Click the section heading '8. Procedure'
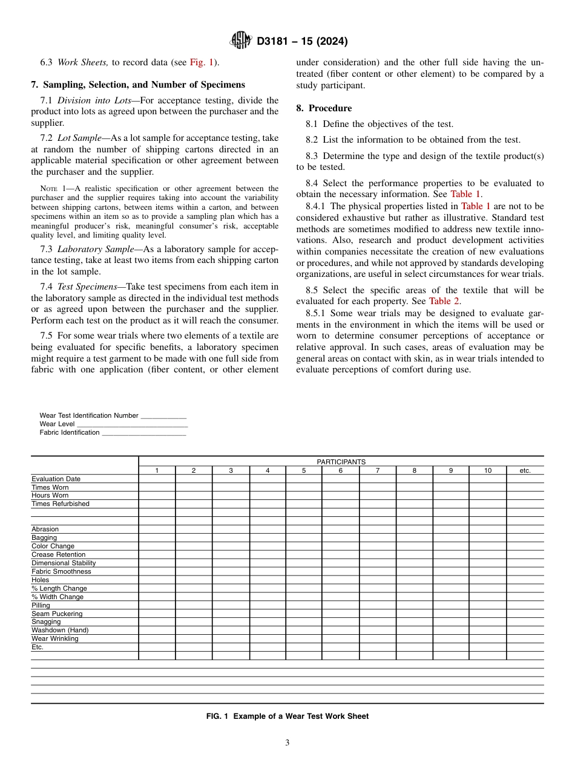(324, 108)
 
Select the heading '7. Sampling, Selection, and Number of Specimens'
(138, 85)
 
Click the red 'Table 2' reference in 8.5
(444, 301)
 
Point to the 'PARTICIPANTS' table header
(341, 462)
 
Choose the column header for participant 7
(378, 470)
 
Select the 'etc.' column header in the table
(525, 470)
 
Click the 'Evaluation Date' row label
(56, 479)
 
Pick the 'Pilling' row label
(41, 605)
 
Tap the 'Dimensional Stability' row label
(64, 563)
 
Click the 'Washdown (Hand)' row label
(60, 630)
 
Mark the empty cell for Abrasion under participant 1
(157, 529)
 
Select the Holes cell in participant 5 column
(304, 580)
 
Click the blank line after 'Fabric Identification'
(144, 433)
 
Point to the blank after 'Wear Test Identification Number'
(163, 416)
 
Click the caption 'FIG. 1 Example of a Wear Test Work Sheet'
(287, 716)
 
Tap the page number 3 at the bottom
(287, 743)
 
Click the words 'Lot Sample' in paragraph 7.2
(79, 138)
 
